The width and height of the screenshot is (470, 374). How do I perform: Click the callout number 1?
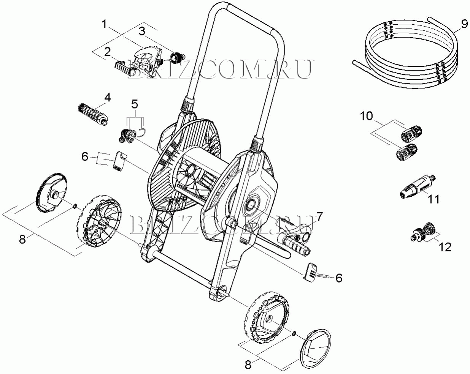(x=105, y=24)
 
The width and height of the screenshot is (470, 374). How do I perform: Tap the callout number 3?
(x=142, y=31)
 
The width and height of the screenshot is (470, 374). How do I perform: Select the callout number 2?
(x=107, y=52)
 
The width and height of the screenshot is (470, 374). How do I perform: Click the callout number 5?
(x=135, y=104)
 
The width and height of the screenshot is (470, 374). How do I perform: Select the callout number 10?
(x=367, y=116)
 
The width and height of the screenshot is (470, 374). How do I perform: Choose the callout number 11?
(x=434, y=199)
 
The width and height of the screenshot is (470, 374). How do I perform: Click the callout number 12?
(x=446, y=247)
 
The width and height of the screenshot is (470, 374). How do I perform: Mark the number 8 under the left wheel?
(x=22, y=239)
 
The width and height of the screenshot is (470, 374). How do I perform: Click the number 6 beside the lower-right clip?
(x=339, y=278)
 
